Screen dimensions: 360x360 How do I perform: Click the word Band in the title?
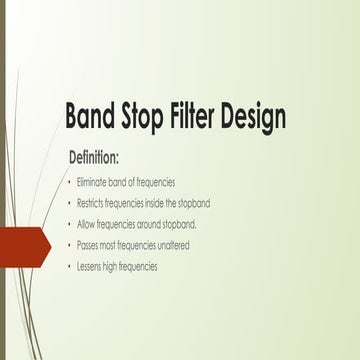(x=92, y=116)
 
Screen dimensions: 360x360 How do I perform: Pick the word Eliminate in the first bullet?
(x=93, y=183)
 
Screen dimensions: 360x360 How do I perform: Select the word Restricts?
(x=93, y=203)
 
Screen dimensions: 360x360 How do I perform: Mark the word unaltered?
(x=173, y=245)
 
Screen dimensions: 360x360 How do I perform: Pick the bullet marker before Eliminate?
(x=68, y=183)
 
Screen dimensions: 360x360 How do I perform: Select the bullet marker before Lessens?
(x=68, y=266)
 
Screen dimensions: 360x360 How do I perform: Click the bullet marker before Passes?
(x=68, y=245)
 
